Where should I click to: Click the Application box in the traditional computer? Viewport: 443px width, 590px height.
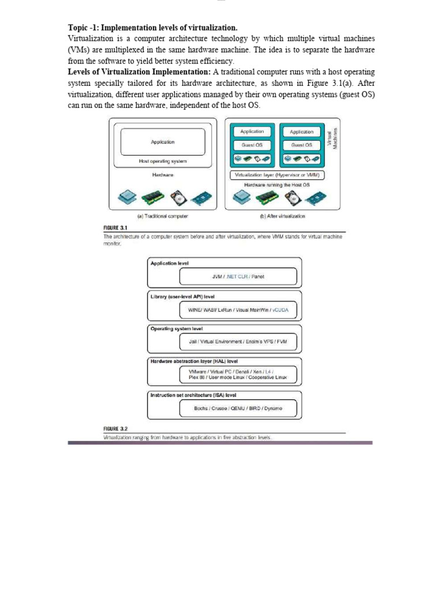pyautogui.click(x=162, y=142)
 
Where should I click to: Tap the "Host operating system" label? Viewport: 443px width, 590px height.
pyautogui.click(x=163, y=161)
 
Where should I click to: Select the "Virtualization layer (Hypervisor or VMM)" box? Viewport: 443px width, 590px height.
pyautogui.click(x=277, y=175)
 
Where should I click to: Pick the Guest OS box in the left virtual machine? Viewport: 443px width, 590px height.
pyautogui.click(x=252, y=145)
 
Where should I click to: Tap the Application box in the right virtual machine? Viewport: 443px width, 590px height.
pyautogui.click(x=302, y=132)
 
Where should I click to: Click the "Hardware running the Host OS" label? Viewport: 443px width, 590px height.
pyautogui.click(x=277, y=184)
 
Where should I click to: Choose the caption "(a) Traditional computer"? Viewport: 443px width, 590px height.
pyautogui.click(x=163, y=217)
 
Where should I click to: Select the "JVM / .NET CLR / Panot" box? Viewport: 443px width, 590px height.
pyautogui.click(x=238, y=277)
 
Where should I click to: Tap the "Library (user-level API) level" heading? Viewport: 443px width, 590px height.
pyautogui.click(x=182, y=296)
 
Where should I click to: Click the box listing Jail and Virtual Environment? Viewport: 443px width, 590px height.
pyautogui.click(x=238, y=342)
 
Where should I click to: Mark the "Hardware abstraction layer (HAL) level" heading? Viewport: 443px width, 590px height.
pyautogui.click(x=194, y=361)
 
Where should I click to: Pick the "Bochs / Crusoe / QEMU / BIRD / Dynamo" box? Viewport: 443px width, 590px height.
pyautogui.click(x=238, y=408)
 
